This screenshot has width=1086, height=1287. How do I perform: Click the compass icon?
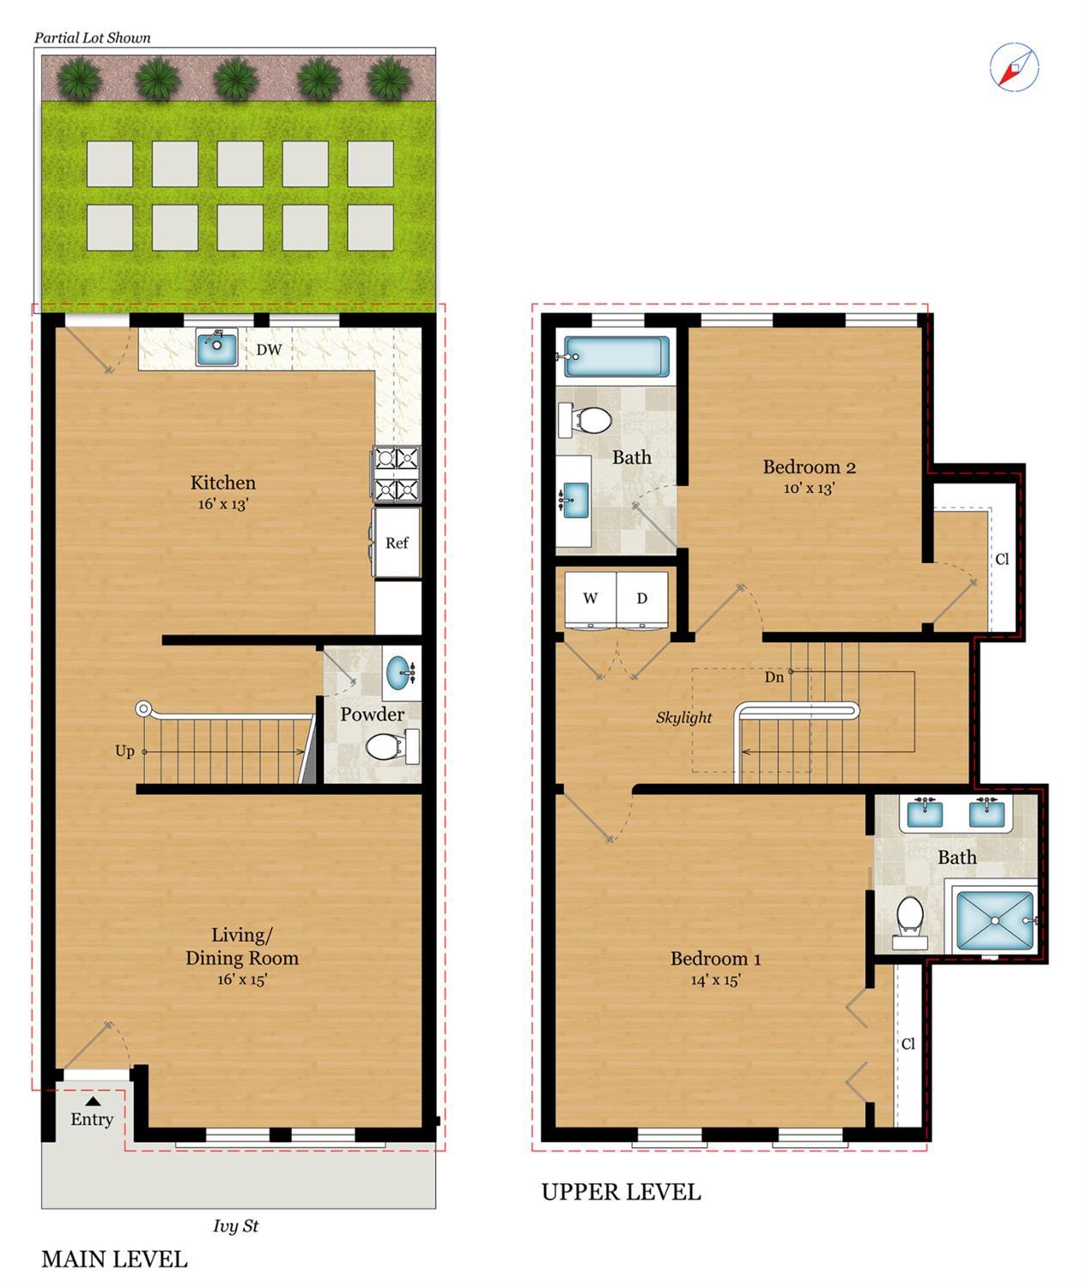point(1014,67)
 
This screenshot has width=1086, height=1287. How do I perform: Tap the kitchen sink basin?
point(216,347)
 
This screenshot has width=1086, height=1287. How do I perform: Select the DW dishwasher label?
point(269,349)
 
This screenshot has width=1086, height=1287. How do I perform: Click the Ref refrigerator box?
point(397,543)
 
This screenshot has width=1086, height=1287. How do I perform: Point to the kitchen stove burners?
point(397,474)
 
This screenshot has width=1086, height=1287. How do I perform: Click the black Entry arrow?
point(93,1100)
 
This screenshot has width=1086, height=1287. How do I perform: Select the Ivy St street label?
point(235,1226)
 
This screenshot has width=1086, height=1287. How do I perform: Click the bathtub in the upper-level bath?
point(616,356)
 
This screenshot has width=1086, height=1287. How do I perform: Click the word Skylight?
point(683,718)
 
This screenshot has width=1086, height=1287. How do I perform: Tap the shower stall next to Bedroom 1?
point(994,920)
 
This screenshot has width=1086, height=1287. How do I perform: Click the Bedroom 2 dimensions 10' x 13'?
point(810,489)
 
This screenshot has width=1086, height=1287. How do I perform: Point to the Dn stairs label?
point(774,677)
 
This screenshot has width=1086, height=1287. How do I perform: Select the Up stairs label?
point(124,751)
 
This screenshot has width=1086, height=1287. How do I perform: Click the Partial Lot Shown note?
point(93,38)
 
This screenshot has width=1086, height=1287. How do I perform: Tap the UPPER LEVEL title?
point(622,1192)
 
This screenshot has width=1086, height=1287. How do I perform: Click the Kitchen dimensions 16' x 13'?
point(223,504)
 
